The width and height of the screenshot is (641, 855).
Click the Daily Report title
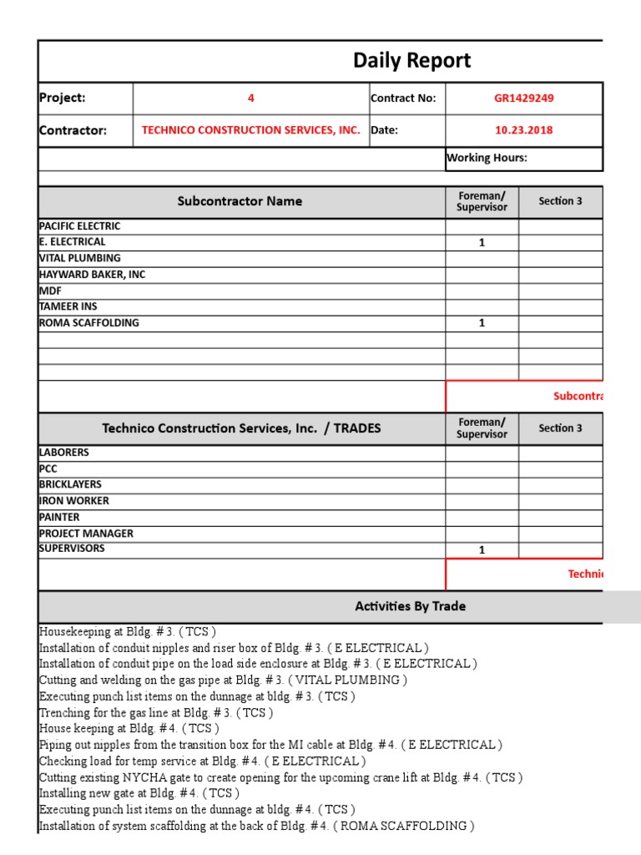[x=411, y=60]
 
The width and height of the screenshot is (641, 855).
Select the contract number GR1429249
[x=523, y=98]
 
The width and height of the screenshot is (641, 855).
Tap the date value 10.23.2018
[x=523, y=130]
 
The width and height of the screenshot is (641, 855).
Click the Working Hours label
[x=487, y=158]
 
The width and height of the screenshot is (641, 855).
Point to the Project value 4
[x=250, y=98]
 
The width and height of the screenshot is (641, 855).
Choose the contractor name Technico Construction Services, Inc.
[x=250, y=130]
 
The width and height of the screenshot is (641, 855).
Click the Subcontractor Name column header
[x=240, y=201]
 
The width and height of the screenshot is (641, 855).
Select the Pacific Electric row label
[x=79, y=226]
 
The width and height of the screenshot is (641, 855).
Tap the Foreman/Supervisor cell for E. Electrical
[x=482, y=242]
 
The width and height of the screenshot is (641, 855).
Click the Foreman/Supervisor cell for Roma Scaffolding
[x=482, y=323]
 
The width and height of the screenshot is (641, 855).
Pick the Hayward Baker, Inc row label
[x=92, y=275]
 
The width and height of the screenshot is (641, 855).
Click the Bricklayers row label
[x=70, y=484]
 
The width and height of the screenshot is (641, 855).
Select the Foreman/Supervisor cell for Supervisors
[x=482, y=549]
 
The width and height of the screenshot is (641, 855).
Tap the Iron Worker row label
[x=73, y=501]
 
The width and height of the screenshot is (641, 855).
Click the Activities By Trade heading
[x=410, y=606]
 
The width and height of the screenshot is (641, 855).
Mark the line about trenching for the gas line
[x=156, y=712]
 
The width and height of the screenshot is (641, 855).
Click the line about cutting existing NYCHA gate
[x=280, y=777]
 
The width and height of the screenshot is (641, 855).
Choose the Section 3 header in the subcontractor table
[x=560, y=201]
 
